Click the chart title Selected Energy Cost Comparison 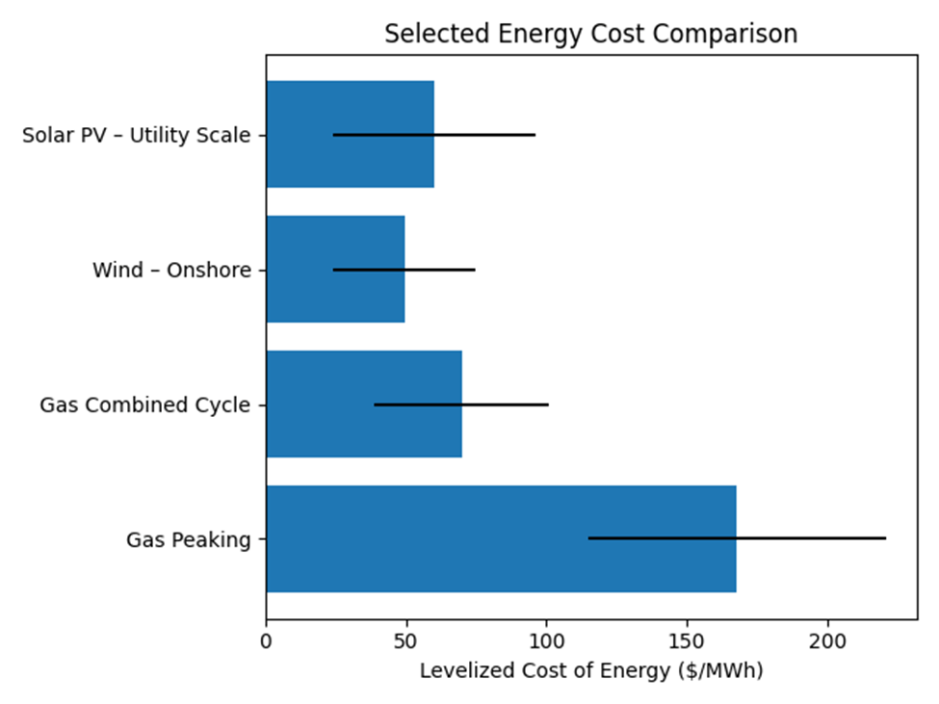click(x=590, y=34)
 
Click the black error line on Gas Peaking click(x=809, y=538)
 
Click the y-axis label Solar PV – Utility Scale click(x=136, y=135)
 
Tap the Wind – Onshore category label click(x=171, y=270)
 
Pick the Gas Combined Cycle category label click(x=144, y=404)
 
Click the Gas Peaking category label click(x=189, y=539)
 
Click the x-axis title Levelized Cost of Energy click(x=590, y=671)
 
